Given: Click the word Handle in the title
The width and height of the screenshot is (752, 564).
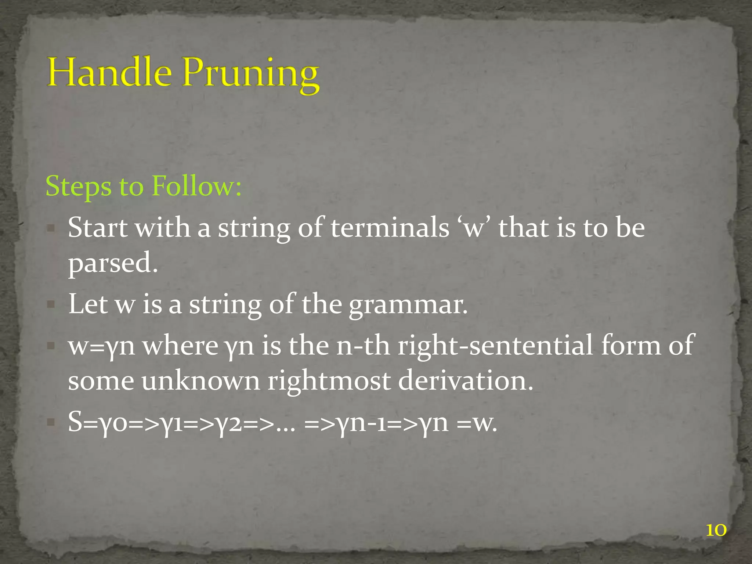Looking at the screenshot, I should [109, 72].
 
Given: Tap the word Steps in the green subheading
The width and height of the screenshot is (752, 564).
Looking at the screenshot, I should [78, 187].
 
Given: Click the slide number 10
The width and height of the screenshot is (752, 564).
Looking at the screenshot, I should [716, 530].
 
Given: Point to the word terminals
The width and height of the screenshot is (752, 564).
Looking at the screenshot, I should [390, 228].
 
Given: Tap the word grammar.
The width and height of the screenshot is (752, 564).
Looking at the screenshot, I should [408, 305].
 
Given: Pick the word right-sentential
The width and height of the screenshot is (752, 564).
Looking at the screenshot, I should [495, 346].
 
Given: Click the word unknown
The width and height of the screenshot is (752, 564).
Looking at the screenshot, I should [200, 381].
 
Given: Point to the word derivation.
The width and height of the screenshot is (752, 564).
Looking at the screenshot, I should [465, 381].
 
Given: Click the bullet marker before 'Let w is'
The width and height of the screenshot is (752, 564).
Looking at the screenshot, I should [51, 305].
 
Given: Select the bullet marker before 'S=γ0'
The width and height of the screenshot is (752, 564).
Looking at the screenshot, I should [51, 422].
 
